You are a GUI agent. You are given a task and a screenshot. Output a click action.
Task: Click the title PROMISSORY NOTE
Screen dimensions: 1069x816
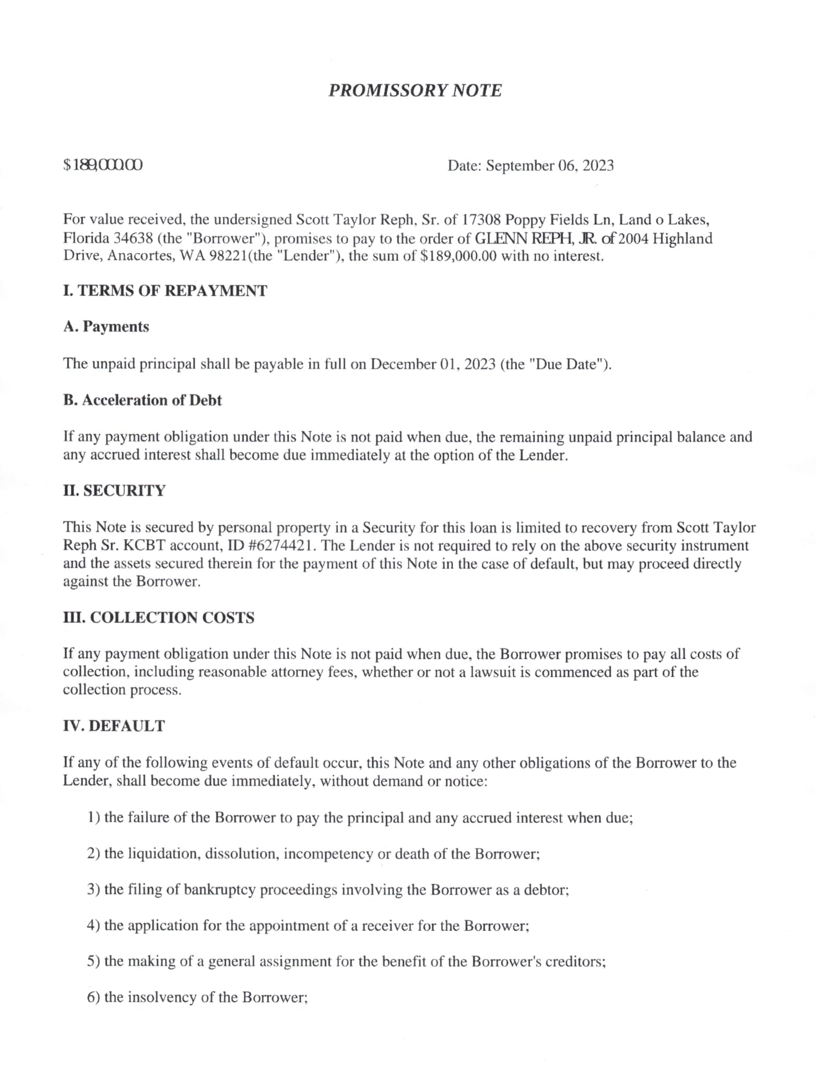(x=415, y=90)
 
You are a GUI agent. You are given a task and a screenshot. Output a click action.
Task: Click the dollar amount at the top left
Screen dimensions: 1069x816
(x=103, y=165)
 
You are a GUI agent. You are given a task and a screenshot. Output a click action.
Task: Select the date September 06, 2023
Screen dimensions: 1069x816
(x=550, y=166)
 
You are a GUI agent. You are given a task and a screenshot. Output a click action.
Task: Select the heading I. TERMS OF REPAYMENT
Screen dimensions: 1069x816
(x=165, y=291)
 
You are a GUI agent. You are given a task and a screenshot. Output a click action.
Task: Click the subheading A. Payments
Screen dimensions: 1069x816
(x=106, y=327)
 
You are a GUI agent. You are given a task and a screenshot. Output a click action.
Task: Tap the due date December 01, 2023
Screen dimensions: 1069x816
(x=433, y=364)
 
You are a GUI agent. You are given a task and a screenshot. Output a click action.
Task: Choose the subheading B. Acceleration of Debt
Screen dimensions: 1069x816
(x=143, y=400)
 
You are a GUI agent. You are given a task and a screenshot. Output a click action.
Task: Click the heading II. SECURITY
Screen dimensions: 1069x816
(x=114, y=491)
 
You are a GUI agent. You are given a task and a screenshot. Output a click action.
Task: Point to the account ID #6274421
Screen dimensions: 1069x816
(x=281, y=546)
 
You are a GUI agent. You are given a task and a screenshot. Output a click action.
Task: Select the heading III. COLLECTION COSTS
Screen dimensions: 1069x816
(x=159, y=617)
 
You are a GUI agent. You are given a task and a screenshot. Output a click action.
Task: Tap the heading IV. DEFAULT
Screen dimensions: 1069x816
(x=114, y=726)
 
